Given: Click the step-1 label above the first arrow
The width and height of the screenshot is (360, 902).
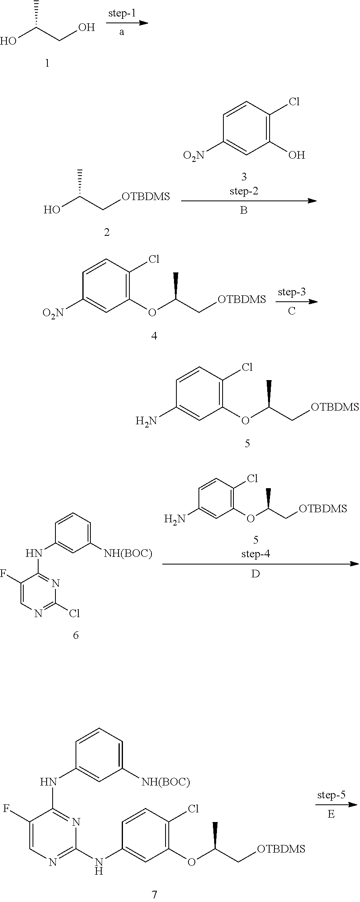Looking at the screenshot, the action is pyautogui.click(x=122, y=13).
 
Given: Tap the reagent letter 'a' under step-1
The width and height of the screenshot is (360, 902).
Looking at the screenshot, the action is pyautogui.click(x=122, y=33).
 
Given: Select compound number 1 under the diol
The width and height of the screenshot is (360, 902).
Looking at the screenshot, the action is pyautogui.click(x=47, y=63).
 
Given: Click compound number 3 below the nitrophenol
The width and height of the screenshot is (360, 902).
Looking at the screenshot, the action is pyautogui.click(x=243, y=176).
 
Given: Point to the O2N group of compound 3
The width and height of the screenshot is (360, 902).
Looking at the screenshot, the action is pyautogui.click(x=194, y=155).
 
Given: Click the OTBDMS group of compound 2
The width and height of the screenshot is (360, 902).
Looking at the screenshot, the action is pyautogui.click(x=145, y=196).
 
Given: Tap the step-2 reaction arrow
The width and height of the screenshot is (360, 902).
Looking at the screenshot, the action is pyautogui.click(x=249, y=200).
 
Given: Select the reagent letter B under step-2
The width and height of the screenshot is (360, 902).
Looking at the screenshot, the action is pyautogui.click(x=243, y=210).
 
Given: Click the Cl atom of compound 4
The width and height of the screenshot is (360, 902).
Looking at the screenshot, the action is pyautogui.click(x=154, y=259).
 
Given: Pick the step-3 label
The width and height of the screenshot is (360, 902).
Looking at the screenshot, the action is pyautogui.click(x=292, y=292).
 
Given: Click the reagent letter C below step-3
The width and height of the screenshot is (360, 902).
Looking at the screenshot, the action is pyautogui.click(x=292, y=311).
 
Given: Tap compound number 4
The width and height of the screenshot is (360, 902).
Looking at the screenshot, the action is pyautogui.click(x=154, y=336).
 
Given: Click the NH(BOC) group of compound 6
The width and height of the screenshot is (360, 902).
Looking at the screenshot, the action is pyautogui.click(x=128, y=554).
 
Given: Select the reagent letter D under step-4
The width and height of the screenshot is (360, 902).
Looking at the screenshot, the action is pyautogui.click(x=256, y=574).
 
